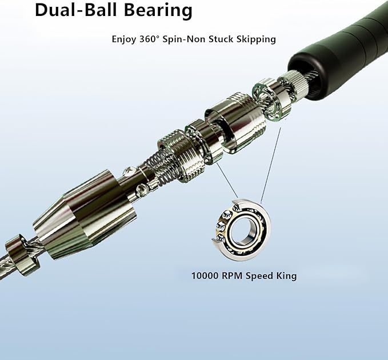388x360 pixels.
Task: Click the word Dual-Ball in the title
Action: [69, 10]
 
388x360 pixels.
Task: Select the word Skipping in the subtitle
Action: [254, 39]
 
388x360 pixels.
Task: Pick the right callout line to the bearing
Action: [270, 163]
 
